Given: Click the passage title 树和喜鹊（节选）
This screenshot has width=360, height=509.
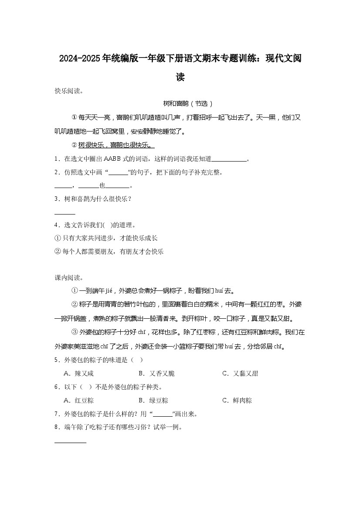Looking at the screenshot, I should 188,104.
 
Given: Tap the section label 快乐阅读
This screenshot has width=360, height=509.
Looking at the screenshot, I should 68,91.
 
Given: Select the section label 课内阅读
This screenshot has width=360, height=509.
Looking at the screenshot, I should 68,278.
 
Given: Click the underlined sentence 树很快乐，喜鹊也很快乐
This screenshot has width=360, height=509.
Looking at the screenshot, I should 116,145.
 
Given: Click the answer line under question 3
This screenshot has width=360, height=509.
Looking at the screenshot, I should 65,213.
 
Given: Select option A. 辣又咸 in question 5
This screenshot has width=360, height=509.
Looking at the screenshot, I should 78,374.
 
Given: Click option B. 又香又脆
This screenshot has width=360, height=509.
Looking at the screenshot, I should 156,374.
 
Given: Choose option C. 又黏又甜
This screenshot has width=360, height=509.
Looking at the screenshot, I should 240,374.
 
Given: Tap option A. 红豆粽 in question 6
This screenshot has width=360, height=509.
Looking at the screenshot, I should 78,400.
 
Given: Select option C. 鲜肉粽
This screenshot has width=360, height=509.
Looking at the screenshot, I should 237,400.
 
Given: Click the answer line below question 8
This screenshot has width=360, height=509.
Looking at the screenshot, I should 70,442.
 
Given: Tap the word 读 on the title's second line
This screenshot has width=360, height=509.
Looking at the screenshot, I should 180,78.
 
